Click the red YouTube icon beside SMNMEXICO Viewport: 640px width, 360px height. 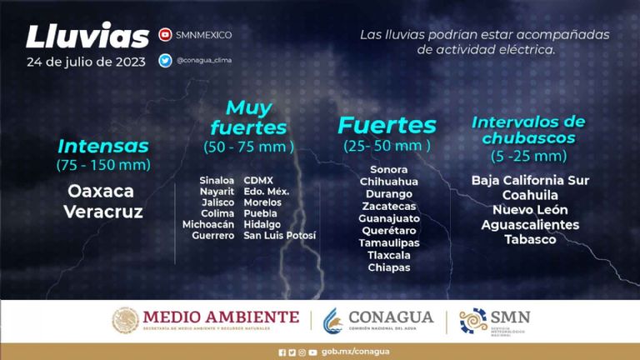tap(165, 35)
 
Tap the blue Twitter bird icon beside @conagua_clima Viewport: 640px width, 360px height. tap(165, 60)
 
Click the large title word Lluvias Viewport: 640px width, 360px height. tap(87, 36)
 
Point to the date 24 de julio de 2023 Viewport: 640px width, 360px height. tap(86, 62)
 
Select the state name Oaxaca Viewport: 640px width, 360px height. tap(101, 191)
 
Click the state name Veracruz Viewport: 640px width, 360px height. tap(103, 212)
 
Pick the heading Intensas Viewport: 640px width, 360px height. tap(103, 146)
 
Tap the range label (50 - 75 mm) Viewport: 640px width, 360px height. tap(248, 147)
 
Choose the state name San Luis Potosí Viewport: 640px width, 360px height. tap(280, 236)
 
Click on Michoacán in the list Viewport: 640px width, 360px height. tap(208, 224)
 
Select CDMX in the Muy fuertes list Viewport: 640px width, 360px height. tap(258, 180)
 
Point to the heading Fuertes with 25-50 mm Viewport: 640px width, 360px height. tap(387, 125)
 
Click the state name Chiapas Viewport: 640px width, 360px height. tap(389, 267)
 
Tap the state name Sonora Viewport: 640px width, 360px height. tap(389, 169)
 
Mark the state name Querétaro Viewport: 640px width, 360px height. tap(389, 231)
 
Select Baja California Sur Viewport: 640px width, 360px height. tap(530, 180)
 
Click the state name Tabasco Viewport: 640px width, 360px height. tap(530, 240)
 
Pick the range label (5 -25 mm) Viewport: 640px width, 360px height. tap(529, 156)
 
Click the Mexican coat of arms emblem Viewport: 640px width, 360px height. tap(125, 320)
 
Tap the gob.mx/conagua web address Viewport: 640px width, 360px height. tap(356, 352)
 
